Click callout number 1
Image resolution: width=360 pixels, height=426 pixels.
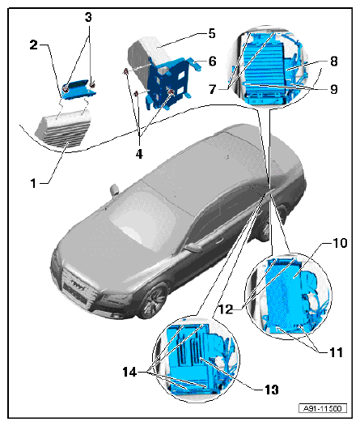[33, 183]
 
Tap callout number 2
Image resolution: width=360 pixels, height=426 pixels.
[34, 45]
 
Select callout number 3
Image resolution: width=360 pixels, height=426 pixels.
[88, 17]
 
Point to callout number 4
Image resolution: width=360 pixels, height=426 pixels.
[139, 154]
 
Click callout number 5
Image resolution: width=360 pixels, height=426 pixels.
[212, 34]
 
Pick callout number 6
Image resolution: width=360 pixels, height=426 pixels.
[213, 61]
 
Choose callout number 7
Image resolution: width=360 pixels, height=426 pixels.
[213, 89]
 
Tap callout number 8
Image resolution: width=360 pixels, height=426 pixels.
[334, 61]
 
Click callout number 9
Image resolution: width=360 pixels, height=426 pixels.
[334, 89]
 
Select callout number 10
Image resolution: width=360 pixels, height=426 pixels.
[340, 243]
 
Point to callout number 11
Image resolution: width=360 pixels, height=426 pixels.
[336, 352]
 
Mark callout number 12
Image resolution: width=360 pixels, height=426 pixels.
[226, 309]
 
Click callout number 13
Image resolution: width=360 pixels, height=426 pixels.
[271, 390]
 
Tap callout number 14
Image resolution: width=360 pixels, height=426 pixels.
[129, 372]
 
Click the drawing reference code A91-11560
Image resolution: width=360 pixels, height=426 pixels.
[323, 408]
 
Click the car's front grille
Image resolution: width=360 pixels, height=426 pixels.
[78, 288]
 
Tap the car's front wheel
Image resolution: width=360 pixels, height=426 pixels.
[152, 301]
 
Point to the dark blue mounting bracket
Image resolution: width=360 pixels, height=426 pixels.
[167, 82]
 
